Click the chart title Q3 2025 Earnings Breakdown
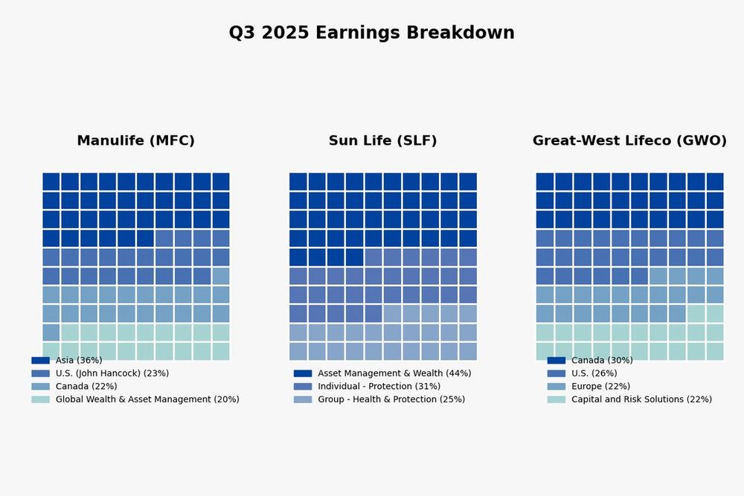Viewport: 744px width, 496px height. tap(371, 33)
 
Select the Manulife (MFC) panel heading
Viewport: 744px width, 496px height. tap(135, 141)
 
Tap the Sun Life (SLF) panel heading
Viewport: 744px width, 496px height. tap(382, 141)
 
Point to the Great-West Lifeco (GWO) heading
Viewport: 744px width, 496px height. tap(629, 141)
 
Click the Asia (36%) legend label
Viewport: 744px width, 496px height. tap(79, 360)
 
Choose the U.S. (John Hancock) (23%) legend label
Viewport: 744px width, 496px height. tap(112, 373)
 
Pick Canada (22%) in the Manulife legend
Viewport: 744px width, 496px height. tap(86, 386)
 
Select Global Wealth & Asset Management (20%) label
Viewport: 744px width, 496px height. tap(147, 399)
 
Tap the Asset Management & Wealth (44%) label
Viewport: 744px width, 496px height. tap(394, 373)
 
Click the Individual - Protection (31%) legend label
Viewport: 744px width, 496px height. tap(379, 386)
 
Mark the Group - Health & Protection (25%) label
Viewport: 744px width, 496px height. tap(391, 399)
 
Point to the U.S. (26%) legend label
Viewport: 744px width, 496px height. tap(594, 373)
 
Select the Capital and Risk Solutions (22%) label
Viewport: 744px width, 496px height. tap(641, 399)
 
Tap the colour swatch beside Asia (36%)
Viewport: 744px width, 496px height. tap(40, 360)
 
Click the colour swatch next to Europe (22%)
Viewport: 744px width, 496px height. tap(556, 386)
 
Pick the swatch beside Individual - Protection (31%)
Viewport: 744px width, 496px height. tap(302, 386)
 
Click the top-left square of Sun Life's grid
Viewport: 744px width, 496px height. tap(298, 181)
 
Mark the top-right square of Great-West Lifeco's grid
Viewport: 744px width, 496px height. tap(715, 181)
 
